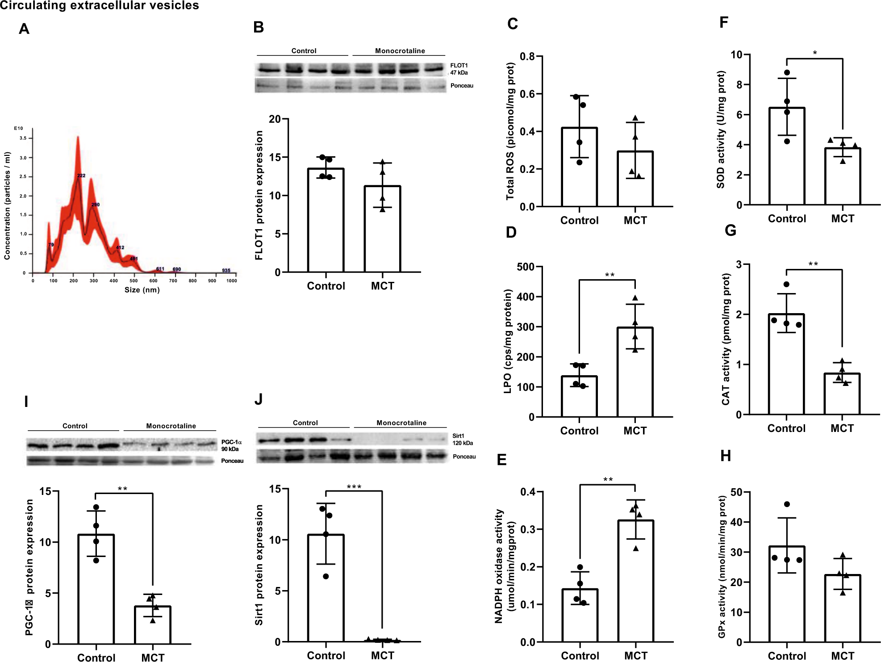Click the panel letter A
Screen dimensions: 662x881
tap(24, 29)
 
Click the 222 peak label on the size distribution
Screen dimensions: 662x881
tap(81, 176)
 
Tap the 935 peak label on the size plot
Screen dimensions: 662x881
tap(226, 270)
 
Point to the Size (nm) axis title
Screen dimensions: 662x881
tap(142, 290)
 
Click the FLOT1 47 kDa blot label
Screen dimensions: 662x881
tap(459, 69)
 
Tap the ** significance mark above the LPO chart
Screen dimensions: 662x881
tap(610, 275)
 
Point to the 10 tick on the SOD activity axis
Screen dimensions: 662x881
tap(736, 54)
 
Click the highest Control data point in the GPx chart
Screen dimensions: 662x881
tap(787, 504)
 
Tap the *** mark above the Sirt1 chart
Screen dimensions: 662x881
tap(354, 487)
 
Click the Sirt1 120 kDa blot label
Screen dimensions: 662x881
tap(462, 440)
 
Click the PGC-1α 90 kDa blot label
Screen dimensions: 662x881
tap(231, 445)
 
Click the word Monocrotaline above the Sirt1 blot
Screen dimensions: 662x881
tap(401, 423)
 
